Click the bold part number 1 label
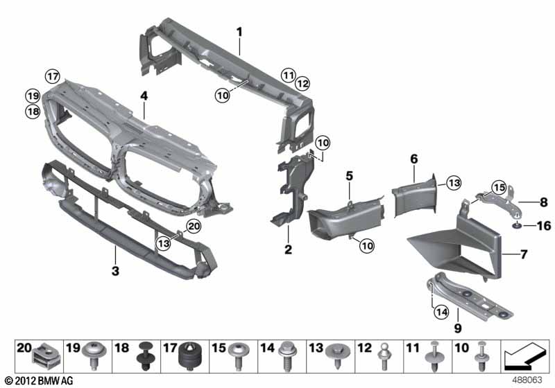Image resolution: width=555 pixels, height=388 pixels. pos(239,31)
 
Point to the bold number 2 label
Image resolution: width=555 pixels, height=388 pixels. pos(288,248)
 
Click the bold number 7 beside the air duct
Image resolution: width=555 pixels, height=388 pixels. pos(524,254)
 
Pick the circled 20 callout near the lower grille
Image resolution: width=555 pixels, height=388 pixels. pos(193,225)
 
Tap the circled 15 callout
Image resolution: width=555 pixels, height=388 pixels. pos(497,186)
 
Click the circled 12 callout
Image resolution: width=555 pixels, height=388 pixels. pos(302,84)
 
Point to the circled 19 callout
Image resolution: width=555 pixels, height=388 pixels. pos(32,95)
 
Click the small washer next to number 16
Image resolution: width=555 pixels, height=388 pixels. pos(518,225)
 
